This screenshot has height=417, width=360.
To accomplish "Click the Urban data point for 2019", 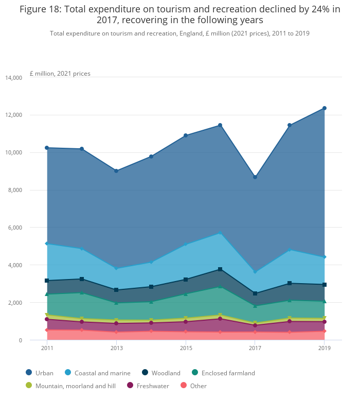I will click(325, 108).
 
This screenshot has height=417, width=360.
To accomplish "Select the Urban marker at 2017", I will click(255, 177).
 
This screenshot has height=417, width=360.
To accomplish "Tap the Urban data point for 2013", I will click(116, 170).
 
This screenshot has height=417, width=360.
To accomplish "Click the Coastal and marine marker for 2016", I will click(220, 233).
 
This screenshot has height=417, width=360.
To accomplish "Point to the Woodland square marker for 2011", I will click(47, 281).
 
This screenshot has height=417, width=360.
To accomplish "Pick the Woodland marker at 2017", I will click(255, 293).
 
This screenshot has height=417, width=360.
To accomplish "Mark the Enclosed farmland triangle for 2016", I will click(220, 286).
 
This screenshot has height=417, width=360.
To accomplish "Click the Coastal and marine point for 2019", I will click(325, 257).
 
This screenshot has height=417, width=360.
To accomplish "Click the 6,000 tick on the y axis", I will click(15, 228).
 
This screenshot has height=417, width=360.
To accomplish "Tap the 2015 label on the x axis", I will click(186, 349).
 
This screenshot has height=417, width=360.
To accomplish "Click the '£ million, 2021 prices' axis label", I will click(60, 74).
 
